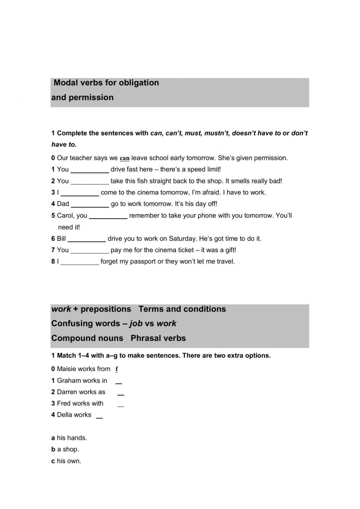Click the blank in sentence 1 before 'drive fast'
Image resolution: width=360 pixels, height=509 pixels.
tap(90, 170)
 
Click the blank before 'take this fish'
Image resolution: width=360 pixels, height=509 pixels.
tap(90, 181)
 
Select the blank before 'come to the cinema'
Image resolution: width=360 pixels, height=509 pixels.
tap(80, 193)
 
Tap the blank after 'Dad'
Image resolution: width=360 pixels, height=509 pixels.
tap(90, 204)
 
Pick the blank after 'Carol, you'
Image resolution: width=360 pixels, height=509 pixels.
tap(108, 216)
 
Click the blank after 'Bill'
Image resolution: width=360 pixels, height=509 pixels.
tap(87, 239)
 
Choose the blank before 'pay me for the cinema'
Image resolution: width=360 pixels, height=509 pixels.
tap(90, 250)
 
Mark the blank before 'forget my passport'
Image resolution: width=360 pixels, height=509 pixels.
tap(80, 262)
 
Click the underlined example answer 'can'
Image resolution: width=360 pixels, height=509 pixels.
tap(125, 158)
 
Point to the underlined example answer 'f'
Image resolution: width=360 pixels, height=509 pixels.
tap(117, 369)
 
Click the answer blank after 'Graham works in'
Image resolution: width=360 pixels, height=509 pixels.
tap(118, 381)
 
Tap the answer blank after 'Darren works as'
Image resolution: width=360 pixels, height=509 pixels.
tap(121, 393)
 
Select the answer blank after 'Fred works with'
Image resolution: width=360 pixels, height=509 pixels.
tap(121, 404)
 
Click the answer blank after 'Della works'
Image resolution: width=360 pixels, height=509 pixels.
tap(99, 416)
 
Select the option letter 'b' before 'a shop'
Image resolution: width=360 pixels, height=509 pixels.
tap(53, 450)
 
